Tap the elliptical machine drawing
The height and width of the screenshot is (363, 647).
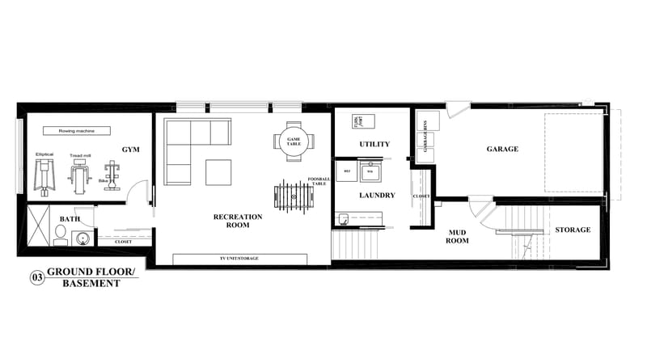[44, 173]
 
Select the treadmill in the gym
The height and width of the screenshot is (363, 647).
[79, 175]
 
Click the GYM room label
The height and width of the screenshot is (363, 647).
[130, 150]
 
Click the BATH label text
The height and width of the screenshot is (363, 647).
[70, 219]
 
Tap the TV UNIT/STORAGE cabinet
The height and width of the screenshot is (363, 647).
[239, 259]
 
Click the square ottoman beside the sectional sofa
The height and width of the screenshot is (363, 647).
[218, 172]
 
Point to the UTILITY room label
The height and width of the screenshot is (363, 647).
[374, 145]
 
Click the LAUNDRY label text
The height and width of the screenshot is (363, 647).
[376, 195]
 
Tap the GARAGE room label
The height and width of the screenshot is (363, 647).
[502, 149]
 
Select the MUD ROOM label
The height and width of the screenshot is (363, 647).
[459, 236]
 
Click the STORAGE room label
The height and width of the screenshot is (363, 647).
[573, 230]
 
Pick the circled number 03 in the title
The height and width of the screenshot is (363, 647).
[37, 277]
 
